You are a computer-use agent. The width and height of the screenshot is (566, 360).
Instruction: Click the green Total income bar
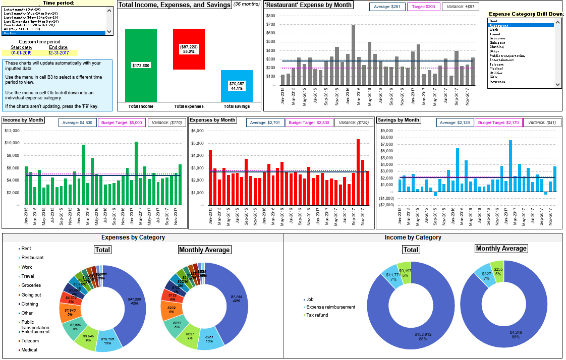141,65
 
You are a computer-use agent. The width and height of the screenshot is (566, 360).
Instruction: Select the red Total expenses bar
189,49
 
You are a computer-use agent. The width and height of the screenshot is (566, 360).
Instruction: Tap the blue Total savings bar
237,86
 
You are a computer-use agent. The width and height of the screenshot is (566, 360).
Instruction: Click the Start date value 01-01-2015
22,52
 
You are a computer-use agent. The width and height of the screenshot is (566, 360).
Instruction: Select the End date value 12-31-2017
59,52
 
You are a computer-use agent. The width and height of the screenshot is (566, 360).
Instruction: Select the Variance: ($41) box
542,123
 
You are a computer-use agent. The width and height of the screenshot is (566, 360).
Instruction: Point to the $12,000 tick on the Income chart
12,131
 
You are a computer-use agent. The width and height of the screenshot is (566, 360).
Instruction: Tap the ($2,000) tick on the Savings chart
386,205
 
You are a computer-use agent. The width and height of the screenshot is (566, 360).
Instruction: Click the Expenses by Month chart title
212,120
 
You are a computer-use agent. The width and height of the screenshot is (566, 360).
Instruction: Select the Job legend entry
310,299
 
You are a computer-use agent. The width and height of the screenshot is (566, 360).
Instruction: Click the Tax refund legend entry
317,315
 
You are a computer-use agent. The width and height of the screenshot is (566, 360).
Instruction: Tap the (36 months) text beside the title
247,5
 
